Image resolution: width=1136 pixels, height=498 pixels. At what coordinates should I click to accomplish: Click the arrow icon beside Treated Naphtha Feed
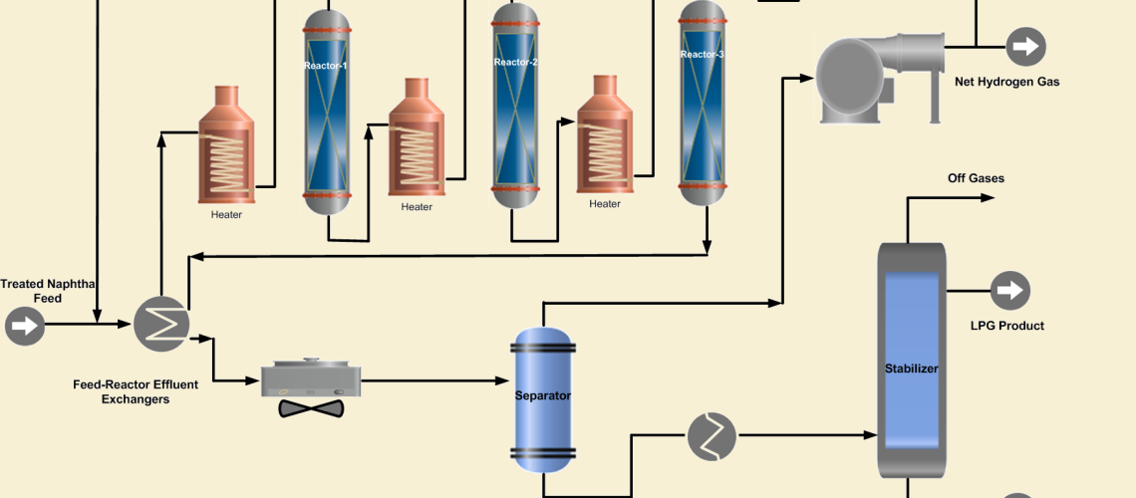[25, 326]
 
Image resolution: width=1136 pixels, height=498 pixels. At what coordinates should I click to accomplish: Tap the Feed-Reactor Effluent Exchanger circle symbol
[161, 324]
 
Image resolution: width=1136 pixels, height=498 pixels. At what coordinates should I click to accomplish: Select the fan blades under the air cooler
[311, 408]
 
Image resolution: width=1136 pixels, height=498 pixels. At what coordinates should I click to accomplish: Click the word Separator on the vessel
[543, 395]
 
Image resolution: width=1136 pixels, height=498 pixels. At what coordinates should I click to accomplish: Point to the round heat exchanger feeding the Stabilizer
[711, 436]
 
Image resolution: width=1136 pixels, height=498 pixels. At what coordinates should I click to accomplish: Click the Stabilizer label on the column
[912, 369]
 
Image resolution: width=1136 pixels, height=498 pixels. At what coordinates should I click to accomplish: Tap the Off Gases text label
[976, 178]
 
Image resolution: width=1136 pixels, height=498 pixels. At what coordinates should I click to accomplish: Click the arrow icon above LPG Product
[1009, 291]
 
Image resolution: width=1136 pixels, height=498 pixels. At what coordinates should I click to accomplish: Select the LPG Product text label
[1007, 326]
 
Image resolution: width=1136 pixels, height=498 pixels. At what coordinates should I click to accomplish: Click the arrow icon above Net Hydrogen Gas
[1025, 46]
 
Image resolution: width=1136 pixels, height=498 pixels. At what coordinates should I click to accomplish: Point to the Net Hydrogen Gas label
[1007, 82]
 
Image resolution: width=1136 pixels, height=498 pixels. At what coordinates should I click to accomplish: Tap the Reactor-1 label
[327, 66]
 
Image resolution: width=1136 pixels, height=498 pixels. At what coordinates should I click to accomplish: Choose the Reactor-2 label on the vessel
[516, 62]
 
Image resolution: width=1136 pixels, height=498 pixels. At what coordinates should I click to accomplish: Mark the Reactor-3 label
[703, 55]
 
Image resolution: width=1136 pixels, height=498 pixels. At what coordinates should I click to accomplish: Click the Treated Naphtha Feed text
[48, 291]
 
